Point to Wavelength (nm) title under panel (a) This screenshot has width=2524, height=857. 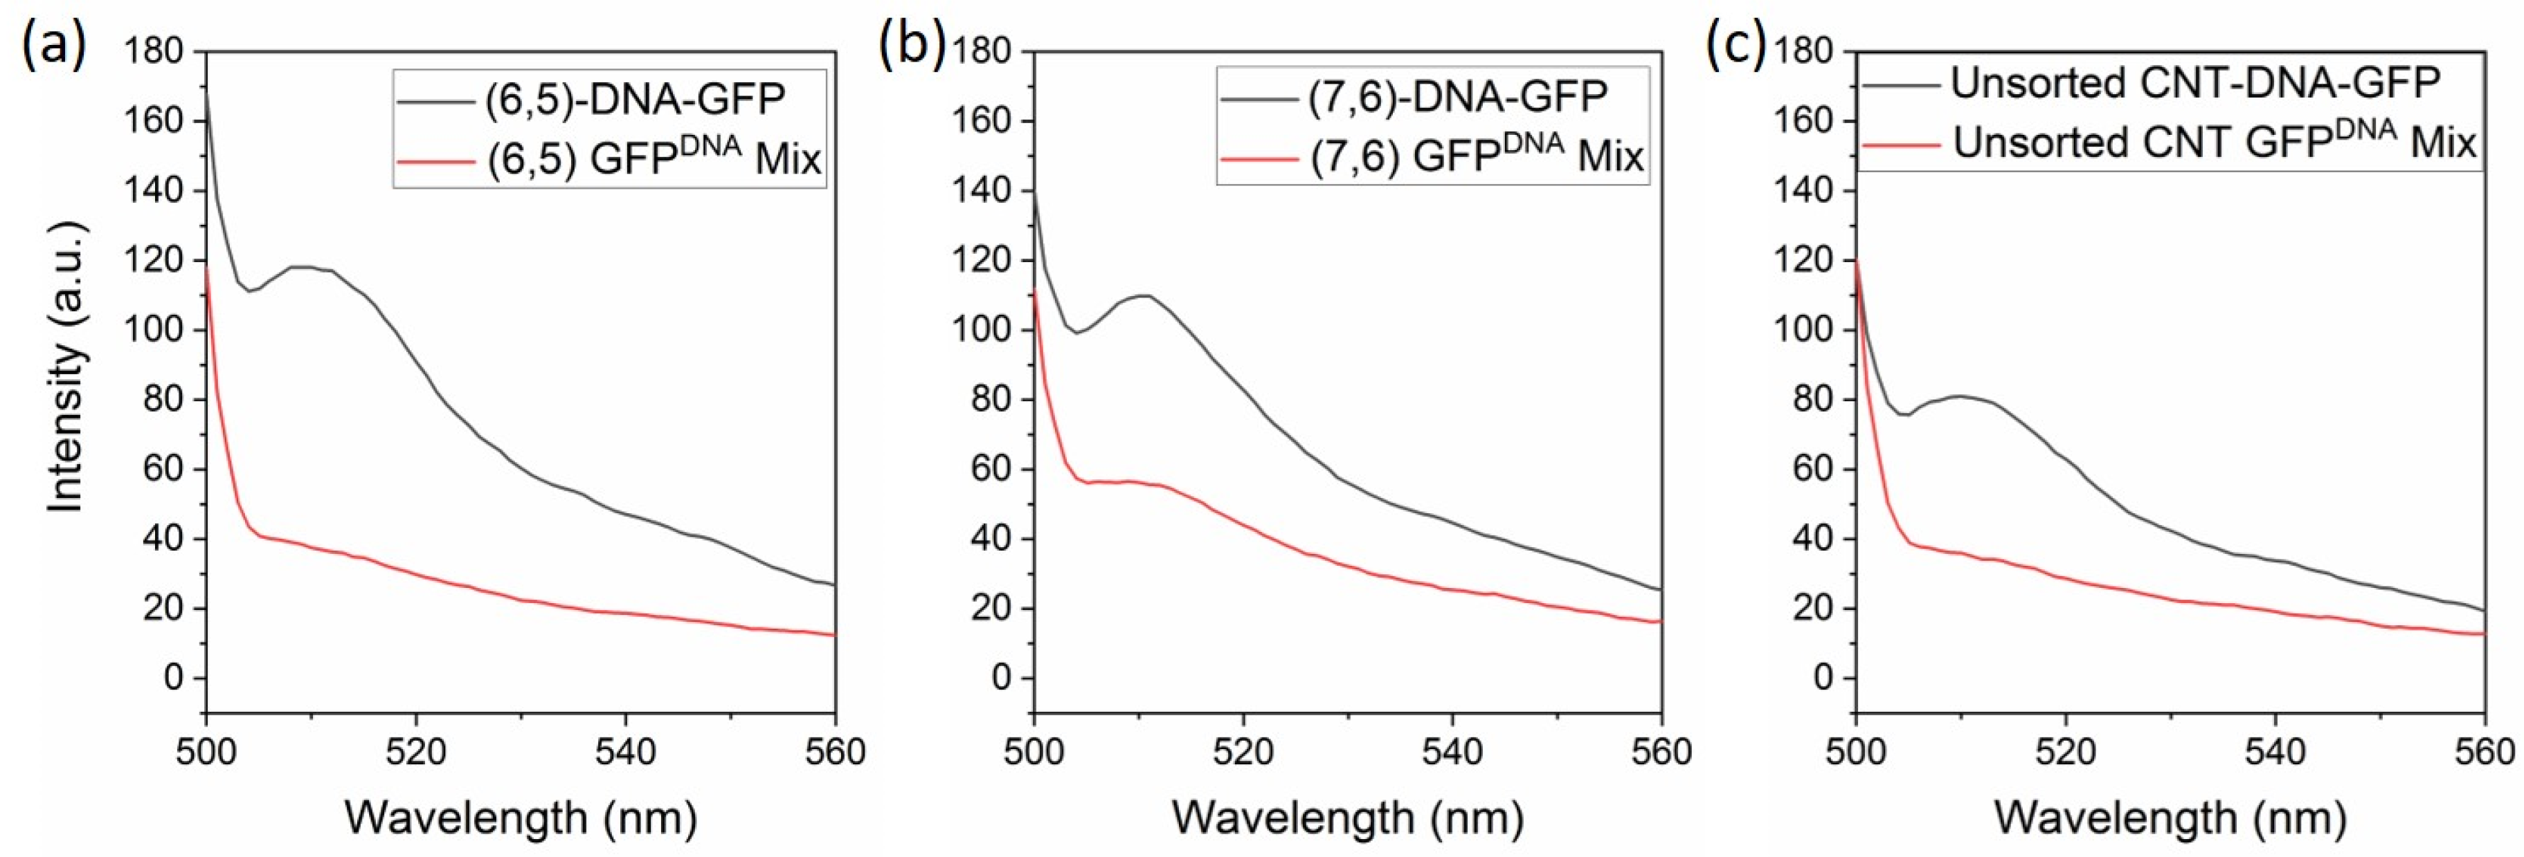coord(521,817)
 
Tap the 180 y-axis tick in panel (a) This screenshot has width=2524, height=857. coord(154,52)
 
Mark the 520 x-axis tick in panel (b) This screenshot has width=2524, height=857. coord(1243,752)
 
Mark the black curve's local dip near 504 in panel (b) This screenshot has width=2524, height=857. coord(1076,333)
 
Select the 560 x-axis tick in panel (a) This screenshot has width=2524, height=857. coord(835,752)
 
